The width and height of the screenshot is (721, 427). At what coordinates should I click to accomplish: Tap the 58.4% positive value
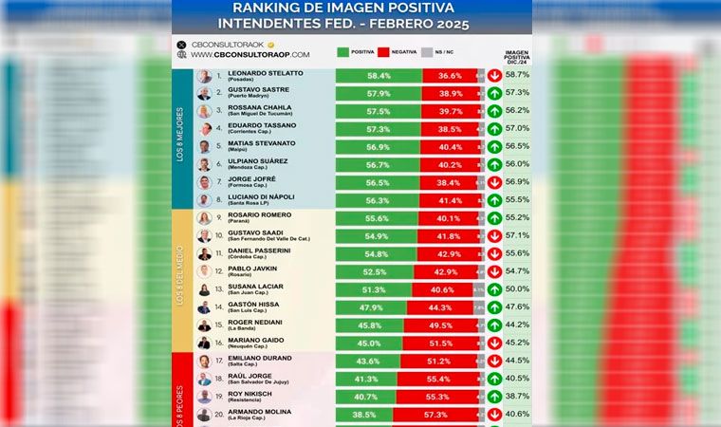(x=379, y=76)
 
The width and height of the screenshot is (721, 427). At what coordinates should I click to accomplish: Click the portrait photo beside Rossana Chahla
(x=204, y=111)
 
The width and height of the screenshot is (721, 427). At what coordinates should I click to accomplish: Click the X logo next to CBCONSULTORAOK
(x=181, y=44)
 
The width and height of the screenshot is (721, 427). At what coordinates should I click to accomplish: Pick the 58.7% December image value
(x=517, y=75)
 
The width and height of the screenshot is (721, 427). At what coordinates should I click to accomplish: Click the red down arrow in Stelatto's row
(x=494, y=76)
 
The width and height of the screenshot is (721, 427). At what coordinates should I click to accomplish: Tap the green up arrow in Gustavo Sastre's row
(x=494, y=93)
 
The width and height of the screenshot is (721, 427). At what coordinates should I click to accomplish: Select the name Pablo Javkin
(x=251, y=269)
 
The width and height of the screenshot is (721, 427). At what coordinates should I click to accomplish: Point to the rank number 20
(x=219, y=415)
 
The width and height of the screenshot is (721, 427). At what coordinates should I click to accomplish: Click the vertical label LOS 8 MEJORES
(x=180, y=138)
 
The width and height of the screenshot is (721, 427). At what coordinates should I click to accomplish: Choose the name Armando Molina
(x=260, y=411)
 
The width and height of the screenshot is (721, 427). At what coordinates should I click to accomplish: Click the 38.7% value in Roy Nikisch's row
(x=517, y=397)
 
